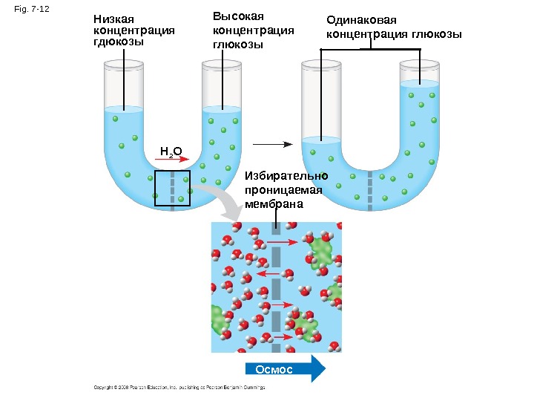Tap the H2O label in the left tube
(x=171, y=152)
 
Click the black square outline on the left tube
(x=172, y=188)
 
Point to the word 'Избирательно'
(x=286, y=176)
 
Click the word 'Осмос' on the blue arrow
(x=274, y=369)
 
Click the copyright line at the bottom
(x=179, y=387)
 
